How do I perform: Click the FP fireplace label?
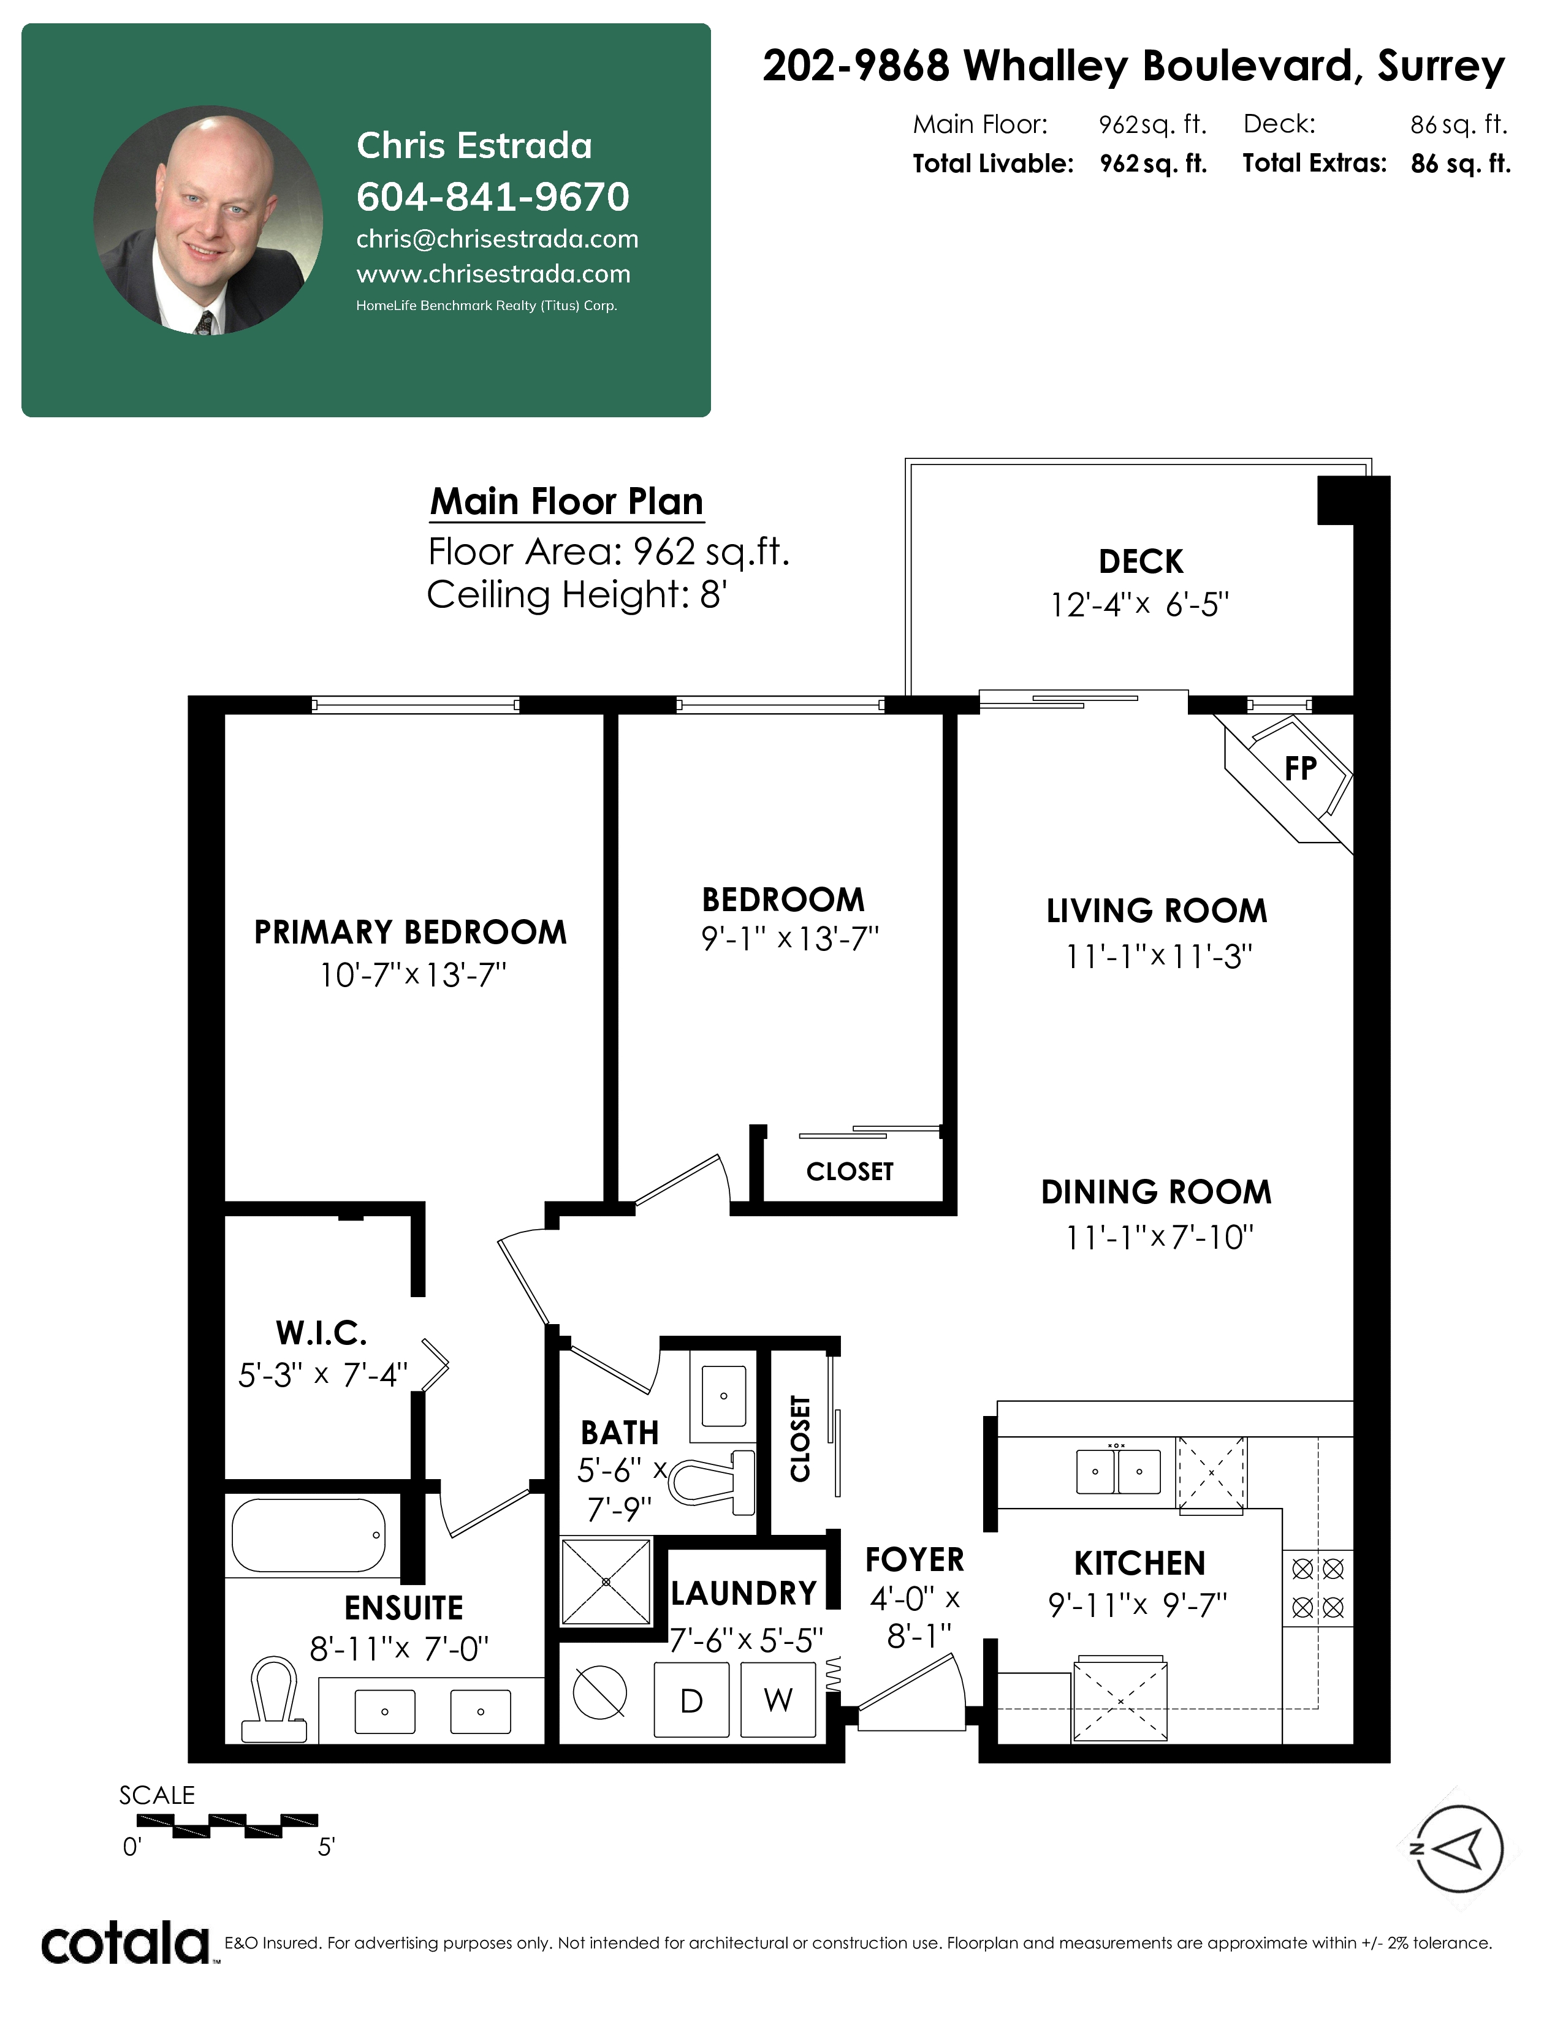[1300, 768]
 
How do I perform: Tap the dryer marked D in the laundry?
[691, 1700]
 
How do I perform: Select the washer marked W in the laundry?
[778, 1700]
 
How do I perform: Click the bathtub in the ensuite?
[308, 1535]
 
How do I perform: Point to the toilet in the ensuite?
[274, 1701]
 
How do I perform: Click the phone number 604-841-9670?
[493, 196]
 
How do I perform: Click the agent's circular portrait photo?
[208, 221]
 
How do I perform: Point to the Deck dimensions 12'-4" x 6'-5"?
[1139, 605]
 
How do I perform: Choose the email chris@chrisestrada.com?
[497, 239]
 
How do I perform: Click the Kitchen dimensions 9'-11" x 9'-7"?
[1138, 1605]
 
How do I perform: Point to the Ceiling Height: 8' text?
[576, 594]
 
